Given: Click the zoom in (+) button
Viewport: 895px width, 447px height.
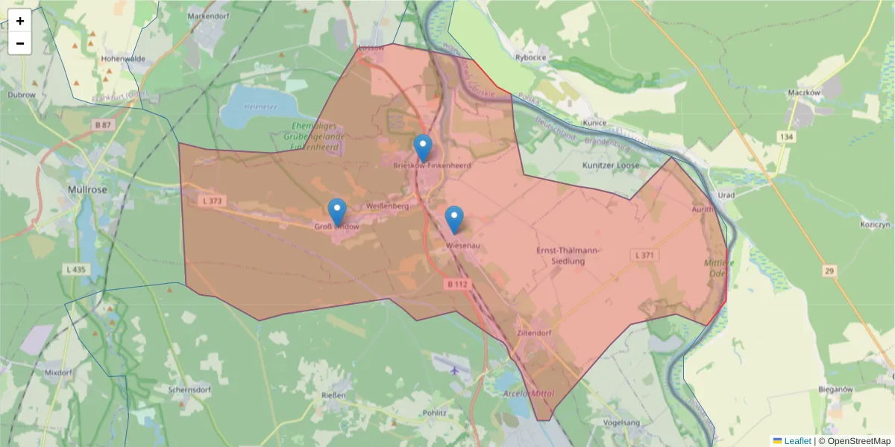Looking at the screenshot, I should (x=20, y=21).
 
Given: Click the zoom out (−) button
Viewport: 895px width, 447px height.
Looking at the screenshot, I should (x=20, y=43).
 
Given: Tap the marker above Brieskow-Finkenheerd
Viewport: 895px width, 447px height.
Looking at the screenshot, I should (x=423, y=148).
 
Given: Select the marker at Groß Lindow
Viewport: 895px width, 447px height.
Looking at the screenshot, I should (x=337, y=212).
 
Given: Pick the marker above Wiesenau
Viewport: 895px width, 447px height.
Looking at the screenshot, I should (x=453, y=219).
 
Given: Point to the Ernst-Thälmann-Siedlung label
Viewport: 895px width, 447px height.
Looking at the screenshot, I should (x=569, y=256).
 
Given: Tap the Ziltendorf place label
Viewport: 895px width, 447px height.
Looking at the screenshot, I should (x=533, y=334).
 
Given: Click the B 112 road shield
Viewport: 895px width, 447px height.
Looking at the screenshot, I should (x=457, y=284).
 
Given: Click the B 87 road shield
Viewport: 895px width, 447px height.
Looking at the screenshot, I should (x=103, y=125).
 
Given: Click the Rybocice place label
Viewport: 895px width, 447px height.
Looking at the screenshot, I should (x=531, y=57).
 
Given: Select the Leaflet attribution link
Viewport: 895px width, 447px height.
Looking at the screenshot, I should (x=797, y=441).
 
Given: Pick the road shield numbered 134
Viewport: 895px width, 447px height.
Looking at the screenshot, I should (x=786, y=136).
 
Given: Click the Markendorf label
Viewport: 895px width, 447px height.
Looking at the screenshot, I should (x=208, y=16).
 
